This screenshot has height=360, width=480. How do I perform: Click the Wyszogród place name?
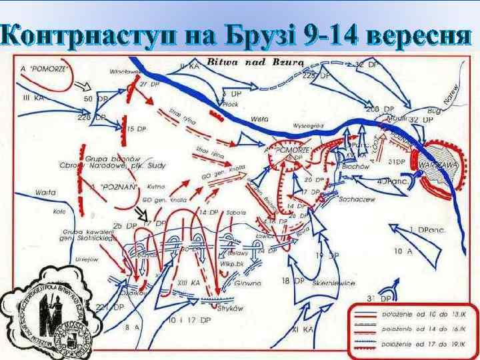coord(308,125)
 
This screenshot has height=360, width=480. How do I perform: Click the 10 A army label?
coord(403,251)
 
